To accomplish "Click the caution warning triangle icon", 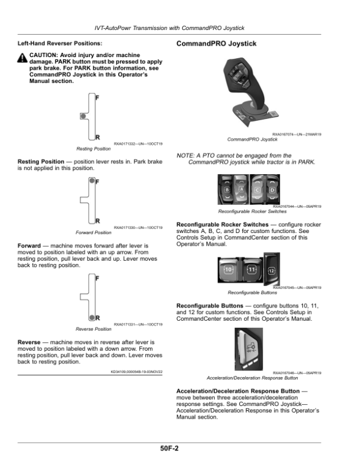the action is tap(22, 58).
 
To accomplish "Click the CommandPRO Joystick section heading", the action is tap(216, 44).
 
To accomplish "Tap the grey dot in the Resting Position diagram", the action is tap(83, 116).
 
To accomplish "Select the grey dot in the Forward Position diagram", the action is tap(92, 180).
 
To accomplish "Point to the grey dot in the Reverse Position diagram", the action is tap(92, 318).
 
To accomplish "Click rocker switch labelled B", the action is tap(227, 190).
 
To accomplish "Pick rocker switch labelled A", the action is tap(241, 189).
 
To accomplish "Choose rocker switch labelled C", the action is tap(257, 190).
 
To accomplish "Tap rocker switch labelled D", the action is tap(272, 190).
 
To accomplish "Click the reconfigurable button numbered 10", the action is tap(229, 270).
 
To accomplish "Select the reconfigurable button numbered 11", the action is tap(251, 270).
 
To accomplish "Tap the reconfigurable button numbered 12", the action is tap(272, 269).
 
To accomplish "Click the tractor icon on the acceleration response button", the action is tap(251, 347).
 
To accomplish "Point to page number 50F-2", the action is tap(169, 449).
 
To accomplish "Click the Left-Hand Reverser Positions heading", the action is tap(60, 43).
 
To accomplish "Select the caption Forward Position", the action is tap(93, 232).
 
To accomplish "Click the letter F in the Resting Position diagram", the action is tap(97, 97).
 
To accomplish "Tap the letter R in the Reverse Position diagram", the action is tap(98, 318).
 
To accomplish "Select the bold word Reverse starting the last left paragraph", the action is tap(29, 342).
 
